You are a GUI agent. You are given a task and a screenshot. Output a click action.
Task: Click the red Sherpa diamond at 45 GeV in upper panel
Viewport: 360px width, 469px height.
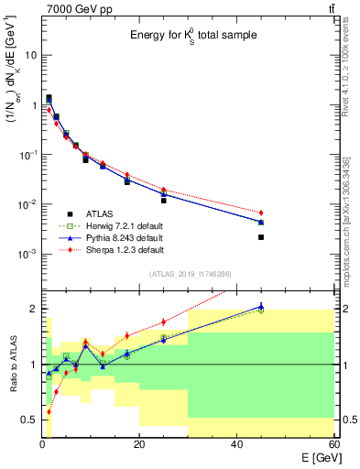(x=261, y=213)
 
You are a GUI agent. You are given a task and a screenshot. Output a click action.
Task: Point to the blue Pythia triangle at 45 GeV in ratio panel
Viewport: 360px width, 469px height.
(x=261, y=307)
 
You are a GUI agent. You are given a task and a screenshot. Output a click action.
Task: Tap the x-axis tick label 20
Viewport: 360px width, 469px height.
(x=139, y=445)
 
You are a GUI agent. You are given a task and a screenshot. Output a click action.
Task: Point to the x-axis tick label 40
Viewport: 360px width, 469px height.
(x=236, y=445)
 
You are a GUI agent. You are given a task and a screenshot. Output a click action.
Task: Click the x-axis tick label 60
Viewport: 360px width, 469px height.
(x=333, y=445)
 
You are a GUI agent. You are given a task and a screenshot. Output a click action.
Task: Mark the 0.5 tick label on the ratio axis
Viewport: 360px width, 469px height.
(x=30, y=420)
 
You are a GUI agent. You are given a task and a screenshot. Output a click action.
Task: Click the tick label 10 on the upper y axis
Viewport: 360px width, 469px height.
(x=30, y=55)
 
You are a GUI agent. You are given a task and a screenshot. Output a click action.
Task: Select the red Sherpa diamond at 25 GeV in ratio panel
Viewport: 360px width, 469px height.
(x=164, y=322)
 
